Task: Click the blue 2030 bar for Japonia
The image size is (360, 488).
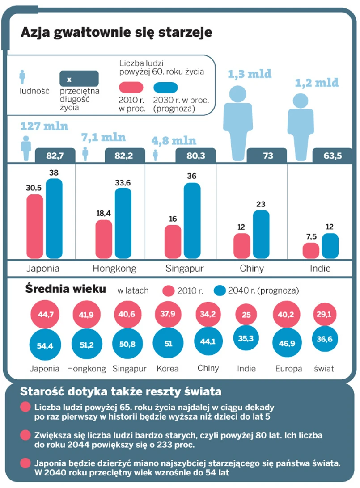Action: pyautogui.click(x=54, y=219)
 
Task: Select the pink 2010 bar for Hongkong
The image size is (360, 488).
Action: pyautogui.click(x=104, y=239)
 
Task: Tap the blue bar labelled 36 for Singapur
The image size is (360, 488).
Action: pyautogui.click(x=192, y=221)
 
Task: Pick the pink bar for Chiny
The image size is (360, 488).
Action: pyautogui.click(x=241, y=246)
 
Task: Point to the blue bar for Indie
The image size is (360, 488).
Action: pyautogui.click(x=330, y=246)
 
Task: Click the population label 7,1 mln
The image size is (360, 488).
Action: pyautogui.click(x=103, y=137)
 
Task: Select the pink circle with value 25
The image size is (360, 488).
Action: pyautogui.click(x=246, y=314)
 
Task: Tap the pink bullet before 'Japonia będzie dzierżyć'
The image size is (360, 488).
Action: pyautogui.click(x=25, y=463)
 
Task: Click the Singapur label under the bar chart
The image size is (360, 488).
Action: pyautogui.click(x=184, y=269)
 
